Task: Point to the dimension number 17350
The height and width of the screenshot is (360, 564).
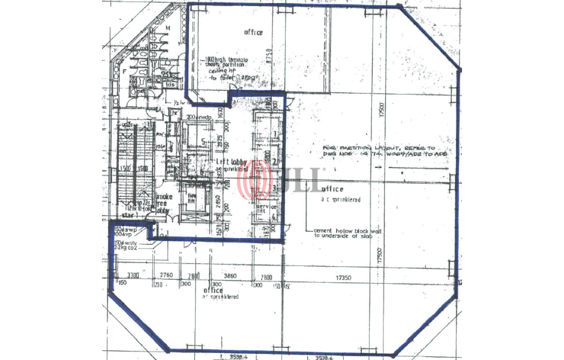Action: [x=343, y=278]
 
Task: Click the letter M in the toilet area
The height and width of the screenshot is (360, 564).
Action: [x=168, y=29]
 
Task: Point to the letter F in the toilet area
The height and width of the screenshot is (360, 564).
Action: [x=125, y=71]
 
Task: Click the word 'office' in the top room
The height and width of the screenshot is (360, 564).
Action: [x=253, y=32]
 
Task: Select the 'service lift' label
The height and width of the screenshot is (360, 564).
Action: [x=261, y=208]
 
